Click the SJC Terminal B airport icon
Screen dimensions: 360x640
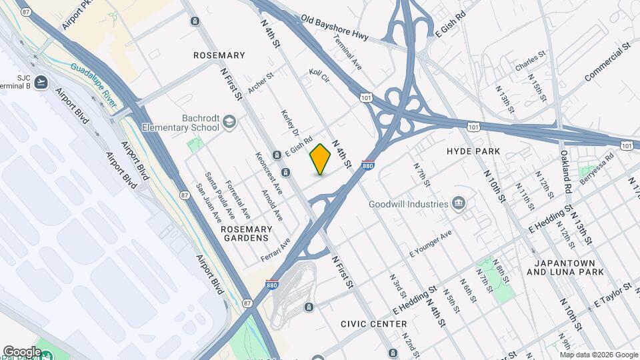[43, 82]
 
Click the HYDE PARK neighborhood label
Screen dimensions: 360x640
[473, 152]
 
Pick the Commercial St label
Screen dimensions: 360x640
[607, 63]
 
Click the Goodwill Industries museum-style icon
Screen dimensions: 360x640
[459, 203]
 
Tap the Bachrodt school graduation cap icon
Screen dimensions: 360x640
[229, 122]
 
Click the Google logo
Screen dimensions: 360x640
[22, 351]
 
